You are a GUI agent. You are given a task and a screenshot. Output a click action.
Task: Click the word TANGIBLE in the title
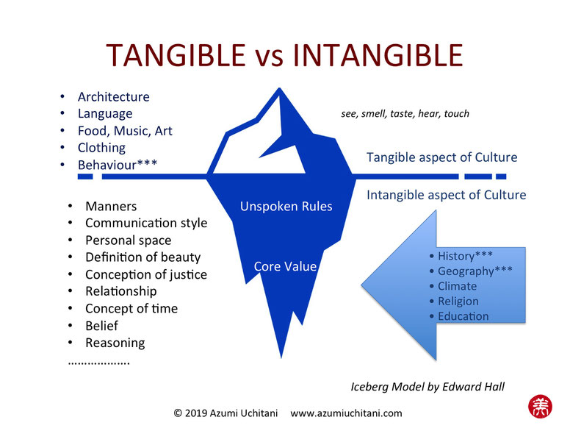point(176,55)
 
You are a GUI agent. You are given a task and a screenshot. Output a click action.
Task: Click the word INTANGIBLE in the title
point(378,55)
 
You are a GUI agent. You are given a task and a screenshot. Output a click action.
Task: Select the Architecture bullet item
point(113,97)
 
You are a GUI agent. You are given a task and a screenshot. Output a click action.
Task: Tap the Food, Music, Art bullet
point(125,131)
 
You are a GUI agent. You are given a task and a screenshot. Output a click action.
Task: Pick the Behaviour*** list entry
point(118,165)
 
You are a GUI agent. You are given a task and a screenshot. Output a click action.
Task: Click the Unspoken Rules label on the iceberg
point(286,207)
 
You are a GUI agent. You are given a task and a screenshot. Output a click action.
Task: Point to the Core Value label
point(285,266)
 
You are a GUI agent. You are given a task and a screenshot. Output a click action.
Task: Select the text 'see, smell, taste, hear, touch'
point(405,114)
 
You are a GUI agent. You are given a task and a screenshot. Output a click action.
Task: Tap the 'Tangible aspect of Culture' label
point(441,157)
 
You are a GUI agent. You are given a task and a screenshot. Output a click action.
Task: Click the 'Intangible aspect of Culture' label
point(446,195)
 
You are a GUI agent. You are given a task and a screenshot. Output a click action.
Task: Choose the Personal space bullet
point(129,240)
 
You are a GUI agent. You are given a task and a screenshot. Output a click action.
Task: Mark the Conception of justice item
point(146,274)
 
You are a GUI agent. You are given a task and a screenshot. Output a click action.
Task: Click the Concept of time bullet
point(131,309)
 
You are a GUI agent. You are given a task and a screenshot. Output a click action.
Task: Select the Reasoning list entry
point(115,343)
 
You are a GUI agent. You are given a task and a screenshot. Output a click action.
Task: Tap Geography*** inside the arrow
point(475,271)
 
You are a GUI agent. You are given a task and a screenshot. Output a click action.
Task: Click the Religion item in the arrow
point(458,302)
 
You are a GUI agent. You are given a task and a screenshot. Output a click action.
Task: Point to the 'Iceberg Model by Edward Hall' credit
point(428,387)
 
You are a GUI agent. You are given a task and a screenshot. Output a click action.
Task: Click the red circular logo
point(540,407)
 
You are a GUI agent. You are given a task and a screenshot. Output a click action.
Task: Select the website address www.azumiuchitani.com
point(346,413)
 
